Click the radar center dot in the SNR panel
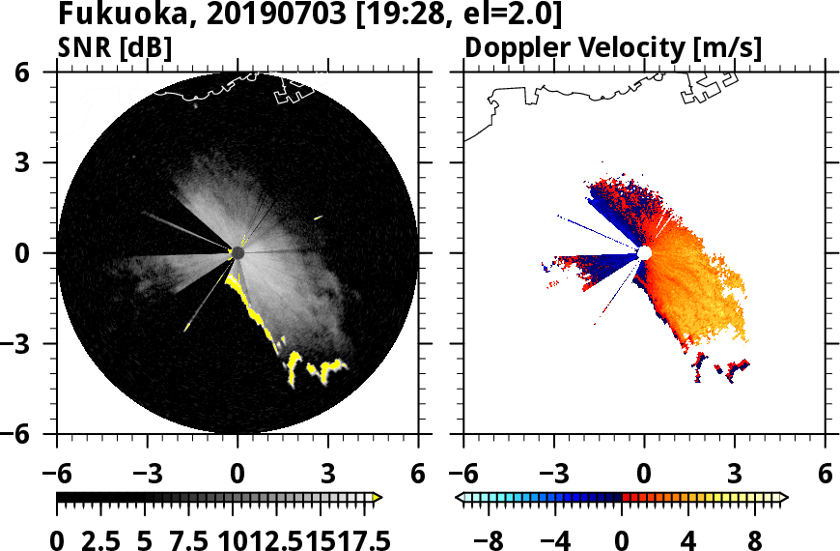click(238, 252)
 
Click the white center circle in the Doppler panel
click(644, 252)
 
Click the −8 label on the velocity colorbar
click(491, 538)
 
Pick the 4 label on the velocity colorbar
click(688, 538)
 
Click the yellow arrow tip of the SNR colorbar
click(378, 497)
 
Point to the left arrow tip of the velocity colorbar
click(460, 497)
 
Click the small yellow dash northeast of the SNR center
click(318, 217)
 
